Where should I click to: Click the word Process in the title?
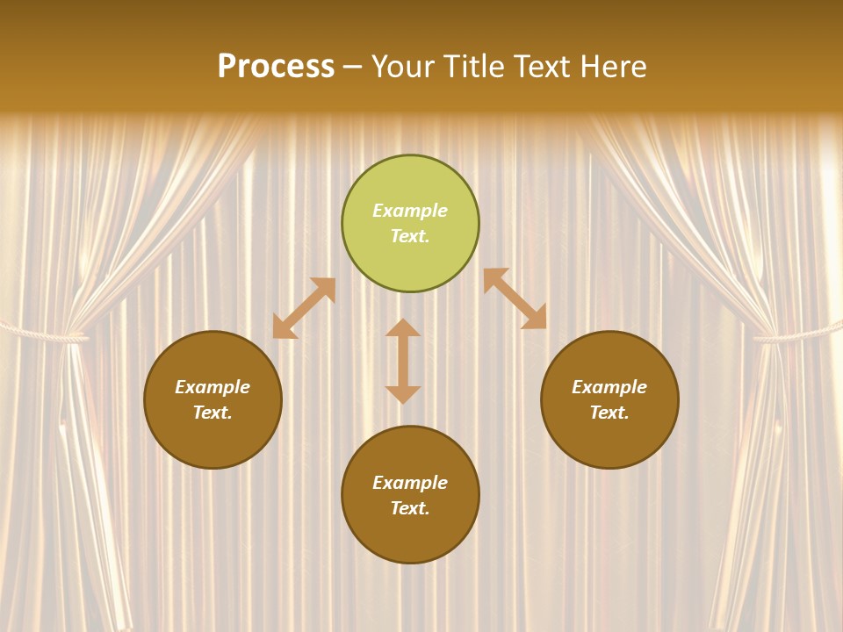[276, 67]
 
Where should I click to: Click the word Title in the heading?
[472, 67]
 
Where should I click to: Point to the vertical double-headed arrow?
[403, 362]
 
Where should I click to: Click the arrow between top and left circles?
[304, 308]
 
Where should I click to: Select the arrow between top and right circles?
[515, 298]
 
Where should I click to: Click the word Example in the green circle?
[410, 211]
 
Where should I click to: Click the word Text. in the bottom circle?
[410, 508]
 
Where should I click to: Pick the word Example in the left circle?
[213, 387]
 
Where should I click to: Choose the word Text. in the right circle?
[609, 413]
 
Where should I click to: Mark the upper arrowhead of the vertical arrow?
[403, 327]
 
